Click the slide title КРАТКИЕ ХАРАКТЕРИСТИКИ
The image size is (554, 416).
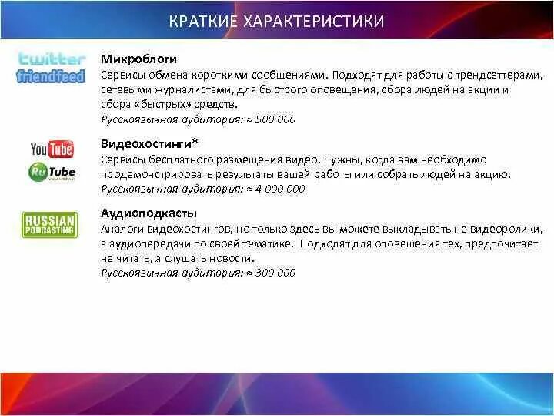point(276,21)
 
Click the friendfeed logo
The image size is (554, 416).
point(51,76)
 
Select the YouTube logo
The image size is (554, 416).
point(52,149)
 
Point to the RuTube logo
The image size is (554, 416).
point(52,172)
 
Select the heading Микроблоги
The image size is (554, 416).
point(138,59)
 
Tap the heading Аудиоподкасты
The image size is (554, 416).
point(149,213)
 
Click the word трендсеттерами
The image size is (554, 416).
point(502,75)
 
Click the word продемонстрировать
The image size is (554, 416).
point(150,174)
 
